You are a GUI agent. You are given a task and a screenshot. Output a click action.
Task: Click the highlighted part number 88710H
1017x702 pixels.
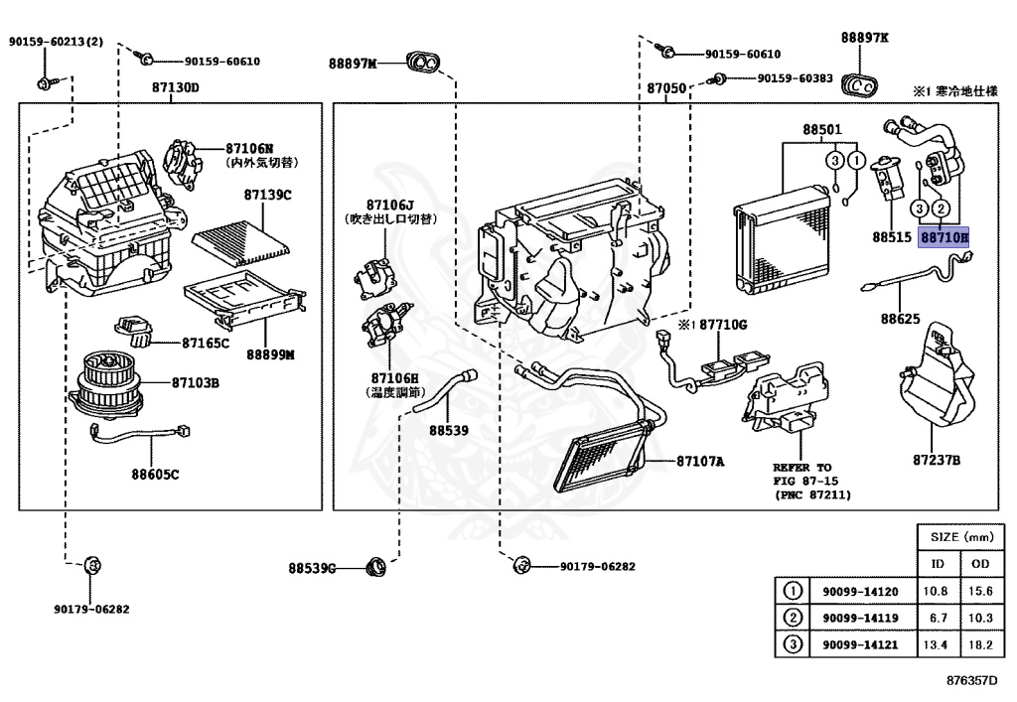click(x=943, y=237)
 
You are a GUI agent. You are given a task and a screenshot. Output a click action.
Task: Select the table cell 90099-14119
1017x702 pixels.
click(x=860, y=618)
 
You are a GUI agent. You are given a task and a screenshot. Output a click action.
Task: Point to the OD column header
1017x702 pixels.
click(x=979, y=564)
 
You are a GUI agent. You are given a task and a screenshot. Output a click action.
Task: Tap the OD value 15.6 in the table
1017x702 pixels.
click(x=979, y=592)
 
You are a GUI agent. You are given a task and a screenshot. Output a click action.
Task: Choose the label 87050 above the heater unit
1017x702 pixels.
click(x=666, y=87)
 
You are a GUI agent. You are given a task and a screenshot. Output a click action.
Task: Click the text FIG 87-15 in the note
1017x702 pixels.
click(x=809, y=481)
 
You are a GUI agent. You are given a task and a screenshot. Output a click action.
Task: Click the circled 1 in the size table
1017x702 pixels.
click(x=793, y=591)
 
